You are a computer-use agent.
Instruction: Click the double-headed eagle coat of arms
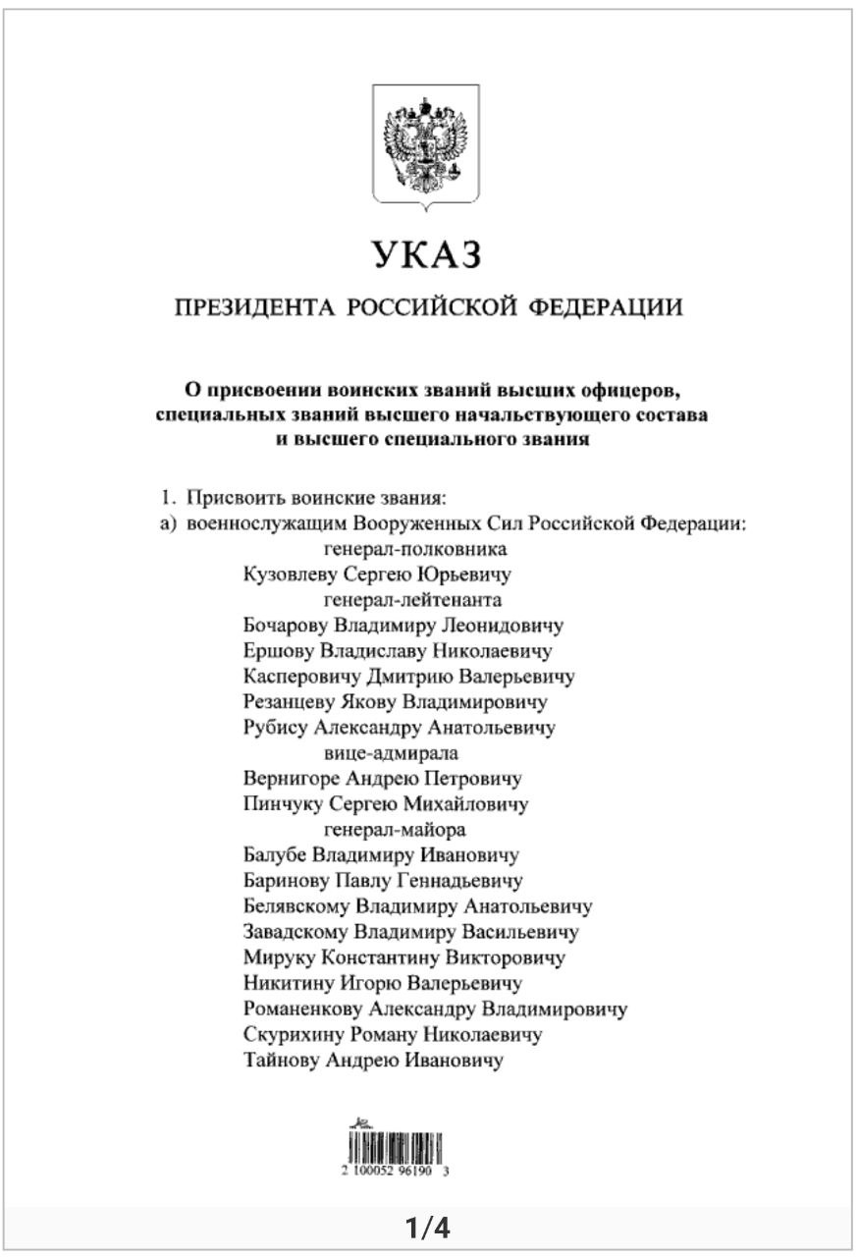(x=426, y=145)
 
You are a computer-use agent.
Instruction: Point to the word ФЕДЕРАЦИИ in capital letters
(x=606, y=308)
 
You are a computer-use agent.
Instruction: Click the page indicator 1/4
(x=428, y=1228)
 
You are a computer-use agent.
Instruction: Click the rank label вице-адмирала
(x=391, y=753)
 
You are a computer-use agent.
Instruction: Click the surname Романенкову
(x=302, y=1009)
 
